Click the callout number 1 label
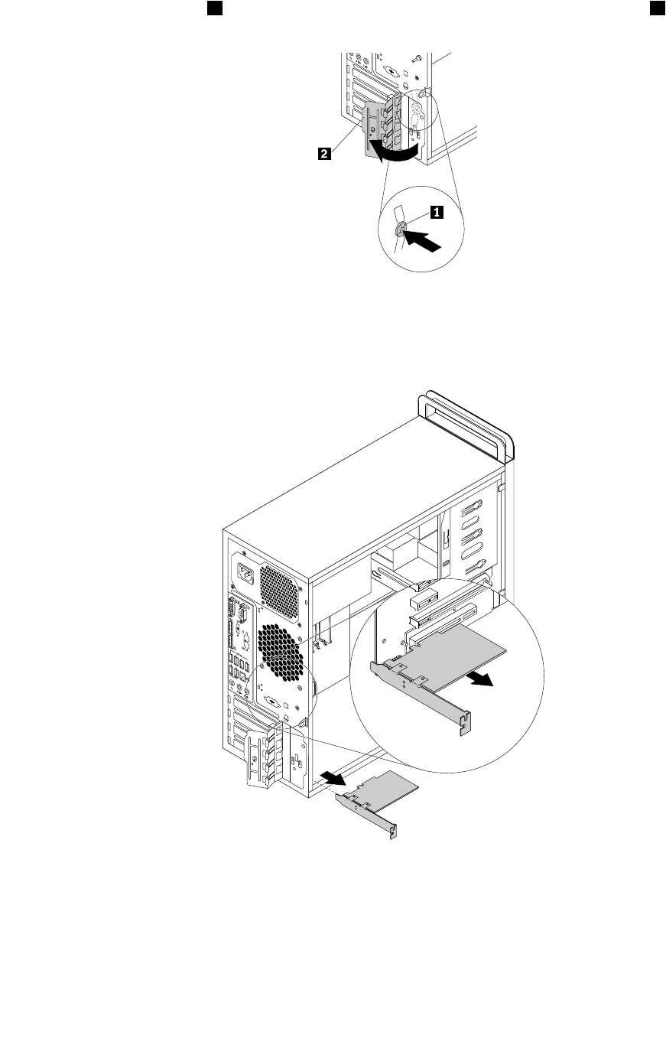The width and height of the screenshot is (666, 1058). (x=436, y=213)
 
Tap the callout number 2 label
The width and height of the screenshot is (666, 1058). (x=324, y=154)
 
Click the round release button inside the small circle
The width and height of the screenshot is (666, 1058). (x=401, y=229)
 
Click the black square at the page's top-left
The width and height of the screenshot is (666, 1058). (x=215, y=8)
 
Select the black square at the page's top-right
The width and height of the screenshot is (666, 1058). (x=655, y=8)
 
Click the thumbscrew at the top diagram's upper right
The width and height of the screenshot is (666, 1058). (x=416, y=58)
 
